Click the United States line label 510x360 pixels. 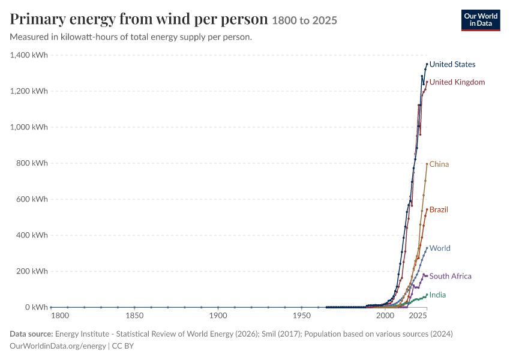(452, 64)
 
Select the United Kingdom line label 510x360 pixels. (457, 82)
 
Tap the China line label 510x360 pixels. (439, 164)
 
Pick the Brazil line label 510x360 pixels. (439, 210)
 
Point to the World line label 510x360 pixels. (440, 248)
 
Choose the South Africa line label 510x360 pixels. (450, 276)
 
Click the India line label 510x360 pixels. (437, 295)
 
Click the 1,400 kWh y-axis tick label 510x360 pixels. (29, 55)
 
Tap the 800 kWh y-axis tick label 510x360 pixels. (32, 163)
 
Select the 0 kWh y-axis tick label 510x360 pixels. (37, 307)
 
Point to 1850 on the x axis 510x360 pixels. (134, 316)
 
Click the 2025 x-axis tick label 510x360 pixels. (418, 316)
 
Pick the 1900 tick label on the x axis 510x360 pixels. (218, 316)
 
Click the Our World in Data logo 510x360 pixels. (481, 20)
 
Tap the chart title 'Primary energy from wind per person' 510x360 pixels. (139, 19)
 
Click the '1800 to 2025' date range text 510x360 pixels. (304, 20)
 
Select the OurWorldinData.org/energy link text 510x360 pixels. (58, 346)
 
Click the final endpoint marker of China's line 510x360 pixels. (427, 164)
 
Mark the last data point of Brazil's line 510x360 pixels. (427, 209)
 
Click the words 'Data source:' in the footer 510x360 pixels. (31, 334)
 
